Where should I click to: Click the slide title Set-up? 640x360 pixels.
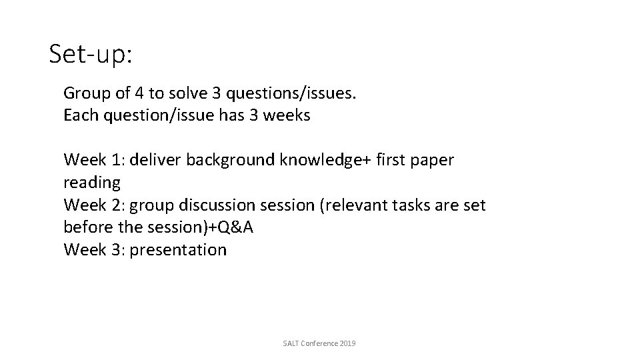pyautogui.click(x=91, y=55)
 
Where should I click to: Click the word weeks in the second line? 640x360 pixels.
pyautogui.click(x=287, y=115)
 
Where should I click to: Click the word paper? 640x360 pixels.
pyautogui.click(x=430, y=160)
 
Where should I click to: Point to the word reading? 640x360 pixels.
pyautogui.click(x=91, y=183)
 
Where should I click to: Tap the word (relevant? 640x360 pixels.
pyautogui.click(x=353, y=205)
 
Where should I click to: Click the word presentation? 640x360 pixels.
pyautogui.click(x=179, y=250)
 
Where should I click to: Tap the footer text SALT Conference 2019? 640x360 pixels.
pyautogui.click(x=319, y=343)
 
